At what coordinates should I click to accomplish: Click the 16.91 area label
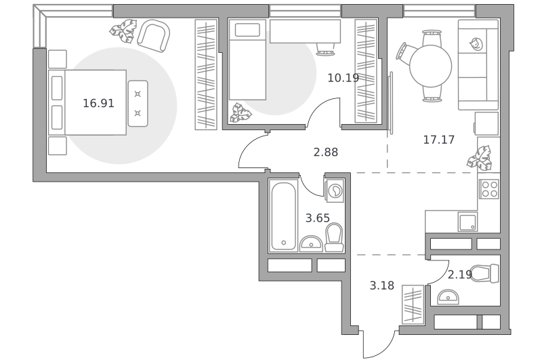coord(98,103)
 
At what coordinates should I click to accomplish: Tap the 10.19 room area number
coord(343,78)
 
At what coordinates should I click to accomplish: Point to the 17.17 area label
coord(439,140)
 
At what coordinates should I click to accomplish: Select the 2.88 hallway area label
coord(326,152)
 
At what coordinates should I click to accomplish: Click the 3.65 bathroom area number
coord(318,218)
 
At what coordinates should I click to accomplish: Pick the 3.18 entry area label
coord(382,285)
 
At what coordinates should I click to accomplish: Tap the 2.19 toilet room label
coord(460,275)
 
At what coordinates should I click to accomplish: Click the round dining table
coord(431,66)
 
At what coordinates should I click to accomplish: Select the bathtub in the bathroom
coord(283,216)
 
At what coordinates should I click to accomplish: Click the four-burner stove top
coord(488,189)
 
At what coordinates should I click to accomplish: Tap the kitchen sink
coord(467,222)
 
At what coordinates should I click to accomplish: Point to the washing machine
coord(334,191)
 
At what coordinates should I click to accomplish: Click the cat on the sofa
coord(476,44)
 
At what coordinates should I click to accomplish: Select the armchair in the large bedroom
coord(154,36)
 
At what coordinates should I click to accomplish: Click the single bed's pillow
coord(247,30)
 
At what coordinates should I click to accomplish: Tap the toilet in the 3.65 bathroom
coord(334,237)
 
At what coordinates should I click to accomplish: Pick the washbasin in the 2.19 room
coord(448,297)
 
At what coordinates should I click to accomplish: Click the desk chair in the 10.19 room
coord(326,49)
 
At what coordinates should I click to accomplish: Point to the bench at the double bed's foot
coord(138,104)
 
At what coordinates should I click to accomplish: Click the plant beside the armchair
coord(123,31)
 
